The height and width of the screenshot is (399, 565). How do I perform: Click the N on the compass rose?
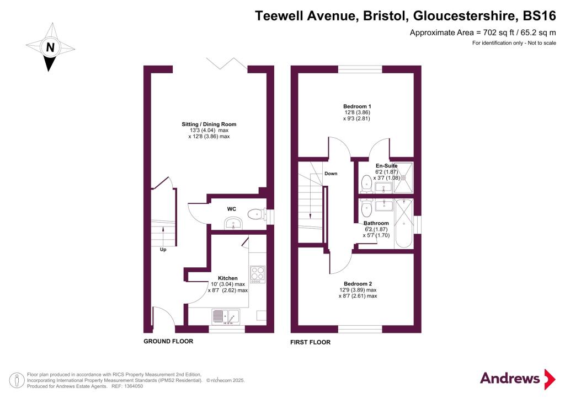[x=50, y=47]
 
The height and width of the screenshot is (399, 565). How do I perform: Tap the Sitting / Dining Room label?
[x=209, y=124]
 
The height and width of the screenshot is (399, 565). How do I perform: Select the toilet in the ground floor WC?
[x=257, y=214]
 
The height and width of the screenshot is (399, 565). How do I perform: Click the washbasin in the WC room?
[x=233, y=223]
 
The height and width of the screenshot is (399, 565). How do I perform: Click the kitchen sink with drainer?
[x=226, y=317]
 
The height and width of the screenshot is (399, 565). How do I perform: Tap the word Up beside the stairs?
[x=163, y=249]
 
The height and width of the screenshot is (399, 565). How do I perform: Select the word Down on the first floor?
[x=331, y=174]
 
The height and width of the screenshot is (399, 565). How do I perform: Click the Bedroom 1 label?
[x=357, y=106]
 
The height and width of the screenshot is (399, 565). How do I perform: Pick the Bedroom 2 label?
[x=358, y=283]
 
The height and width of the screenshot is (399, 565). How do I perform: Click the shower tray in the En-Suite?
[x=403, y=177]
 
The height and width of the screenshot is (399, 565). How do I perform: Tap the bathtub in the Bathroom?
[x=404, y=223]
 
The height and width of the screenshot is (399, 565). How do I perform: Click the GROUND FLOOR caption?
[x=168, y=341]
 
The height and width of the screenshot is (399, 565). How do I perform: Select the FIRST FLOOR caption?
[x=310, y=342]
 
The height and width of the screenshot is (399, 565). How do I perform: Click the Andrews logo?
[x=518, y=379]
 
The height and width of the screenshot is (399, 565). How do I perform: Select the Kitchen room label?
[x=228, y=278]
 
